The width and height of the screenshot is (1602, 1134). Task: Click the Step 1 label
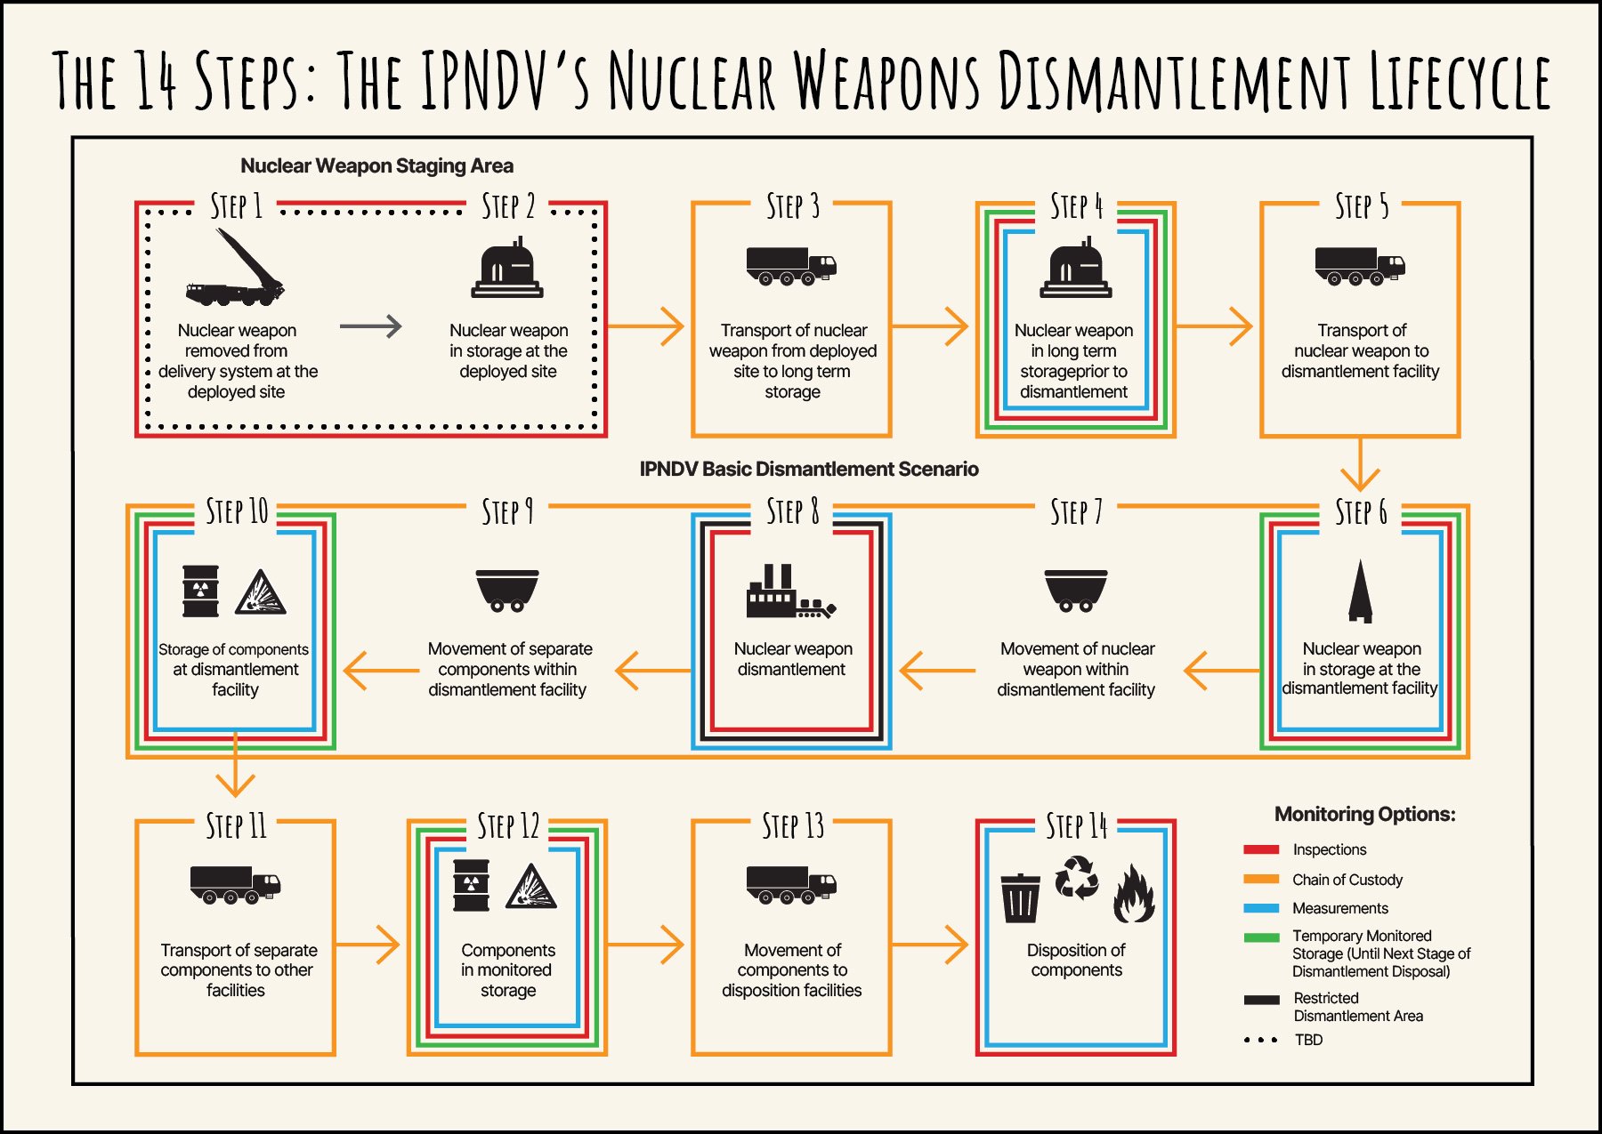tap(236, 206)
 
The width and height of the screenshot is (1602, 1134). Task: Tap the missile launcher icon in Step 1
tap(236, 267)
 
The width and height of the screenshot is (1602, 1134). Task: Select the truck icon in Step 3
tap(790, 265)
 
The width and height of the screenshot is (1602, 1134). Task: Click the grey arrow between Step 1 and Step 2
tap(370, 326)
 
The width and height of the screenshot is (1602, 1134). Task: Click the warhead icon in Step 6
tap(1360, 591)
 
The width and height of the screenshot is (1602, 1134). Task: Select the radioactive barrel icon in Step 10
tap(200, 591)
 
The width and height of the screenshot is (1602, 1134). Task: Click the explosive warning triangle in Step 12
tap(531, 887)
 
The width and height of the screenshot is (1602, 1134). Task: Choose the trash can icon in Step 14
tap(1020, 898)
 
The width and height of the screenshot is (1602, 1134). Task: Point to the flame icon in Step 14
tap(1134, 895)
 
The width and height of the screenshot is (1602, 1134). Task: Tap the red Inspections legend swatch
tap(1261, 850)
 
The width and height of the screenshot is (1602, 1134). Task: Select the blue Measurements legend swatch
tap(1261, 909)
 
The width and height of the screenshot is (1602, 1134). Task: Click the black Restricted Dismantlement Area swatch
tap(1261, 1000)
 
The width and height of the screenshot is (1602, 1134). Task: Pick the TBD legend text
tap(1308, 1040)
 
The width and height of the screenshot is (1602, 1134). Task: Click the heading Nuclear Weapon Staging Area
tap(376, 166)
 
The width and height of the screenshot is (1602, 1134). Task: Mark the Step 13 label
tap(792, 826)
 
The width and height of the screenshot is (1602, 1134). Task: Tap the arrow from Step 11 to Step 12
tap(369, 945)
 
